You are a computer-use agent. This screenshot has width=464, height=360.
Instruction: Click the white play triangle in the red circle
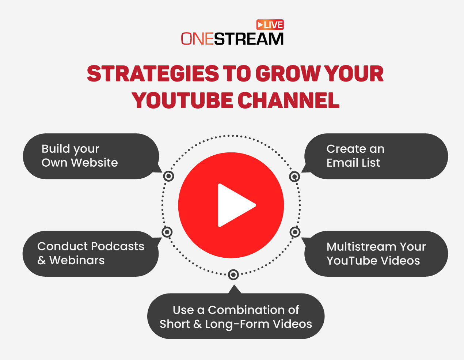coord(234,205)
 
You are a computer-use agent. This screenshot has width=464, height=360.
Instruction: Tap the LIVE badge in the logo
coord(270,25)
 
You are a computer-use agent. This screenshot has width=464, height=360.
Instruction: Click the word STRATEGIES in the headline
coord(153,74)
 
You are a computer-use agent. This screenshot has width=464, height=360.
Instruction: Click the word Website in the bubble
coord(94,163)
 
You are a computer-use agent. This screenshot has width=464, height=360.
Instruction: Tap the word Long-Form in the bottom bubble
coord(237,324)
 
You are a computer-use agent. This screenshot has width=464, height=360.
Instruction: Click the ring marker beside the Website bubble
coord(168,177)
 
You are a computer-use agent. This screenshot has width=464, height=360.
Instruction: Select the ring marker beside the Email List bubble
coord(294,177)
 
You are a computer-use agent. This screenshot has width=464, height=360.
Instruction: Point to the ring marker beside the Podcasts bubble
coord(167,232)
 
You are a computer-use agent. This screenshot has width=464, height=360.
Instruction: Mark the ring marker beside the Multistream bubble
coord(295,232)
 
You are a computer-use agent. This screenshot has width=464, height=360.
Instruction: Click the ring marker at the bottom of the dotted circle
coord(233,274)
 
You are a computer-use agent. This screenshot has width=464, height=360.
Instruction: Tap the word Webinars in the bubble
coord(77,261)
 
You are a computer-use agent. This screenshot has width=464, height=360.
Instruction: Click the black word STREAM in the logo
coord(249,39)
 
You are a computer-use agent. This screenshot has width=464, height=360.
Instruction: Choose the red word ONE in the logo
coord(198,39)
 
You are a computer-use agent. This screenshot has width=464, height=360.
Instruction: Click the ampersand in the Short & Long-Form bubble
coord(198,324)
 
